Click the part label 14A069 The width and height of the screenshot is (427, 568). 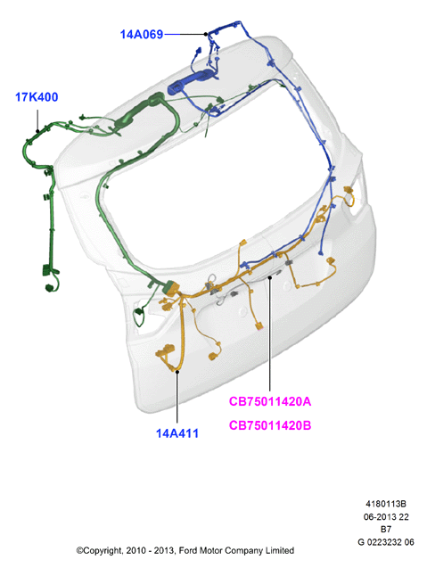142,35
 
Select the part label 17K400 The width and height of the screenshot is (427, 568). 37,97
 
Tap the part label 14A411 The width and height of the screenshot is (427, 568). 177,433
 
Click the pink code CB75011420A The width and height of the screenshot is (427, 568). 270,401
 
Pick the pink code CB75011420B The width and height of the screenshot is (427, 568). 270,425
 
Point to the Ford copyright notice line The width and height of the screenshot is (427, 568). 185,551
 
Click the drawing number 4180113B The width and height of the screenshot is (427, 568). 386,504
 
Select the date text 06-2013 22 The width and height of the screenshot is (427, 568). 386,516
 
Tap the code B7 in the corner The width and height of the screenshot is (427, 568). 386,530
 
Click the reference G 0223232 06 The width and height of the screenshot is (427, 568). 386,542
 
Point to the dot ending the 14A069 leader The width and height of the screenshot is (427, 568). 206,34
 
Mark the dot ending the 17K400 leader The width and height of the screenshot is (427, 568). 37,131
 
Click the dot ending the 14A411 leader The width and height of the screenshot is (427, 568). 177,371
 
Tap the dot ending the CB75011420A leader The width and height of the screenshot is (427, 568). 270,278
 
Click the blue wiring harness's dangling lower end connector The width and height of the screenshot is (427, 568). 321,253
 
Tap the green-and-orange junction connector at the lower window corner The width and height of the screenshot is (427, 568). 171,288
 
